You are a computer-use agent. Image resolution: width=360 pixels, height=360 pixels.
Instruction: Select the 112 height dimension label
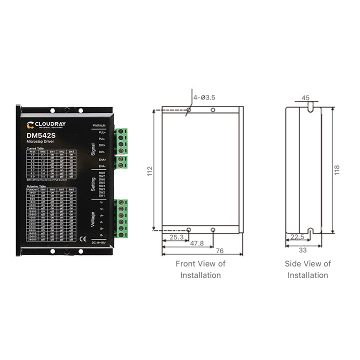[149, 171]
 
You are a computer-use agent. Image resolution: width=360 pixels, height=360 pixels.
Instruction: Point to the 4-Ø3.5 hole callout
[204, 97]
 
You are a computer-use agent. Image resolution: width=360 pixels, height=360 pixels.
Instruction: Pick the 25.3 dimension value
[176, 237]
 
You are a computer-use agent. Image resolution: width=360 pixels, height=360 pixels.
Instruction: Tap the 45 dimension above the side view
[306, 98]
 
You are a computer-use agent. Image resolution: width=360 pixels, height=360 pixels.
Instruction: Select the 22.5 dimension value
[297, 237]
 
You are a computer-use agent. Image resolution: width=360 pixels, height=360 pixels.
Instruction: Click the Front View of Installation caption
[200, 269]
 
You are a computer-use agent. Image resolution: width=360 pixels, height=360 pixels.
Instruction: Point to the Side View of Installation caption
[308, 269]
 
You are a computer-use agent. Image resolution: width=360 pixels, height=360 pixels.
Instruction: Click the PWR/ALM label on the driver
[99, 124]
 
